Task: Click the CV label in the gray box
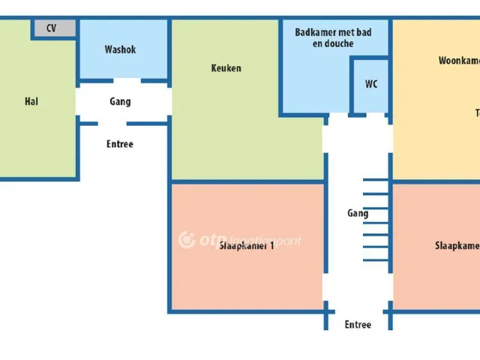coord(52,28)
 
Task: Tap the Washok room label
coord(120,50)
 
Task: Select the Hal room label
coord(31,101)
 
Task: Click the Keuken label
coord(226,68)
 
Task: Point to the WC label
coord(371,84)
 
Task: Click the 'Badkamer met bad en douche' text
coord(333,38)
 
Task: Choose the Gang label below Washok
coord(120,101)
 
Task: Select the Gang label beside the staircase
coord(358,214)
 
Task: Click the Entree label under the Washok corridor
coord(120,144)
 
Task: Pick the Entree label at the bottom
coord(358,325)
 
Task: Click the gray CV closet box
coord(54,28)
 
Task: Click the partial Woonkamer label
coord(458,61)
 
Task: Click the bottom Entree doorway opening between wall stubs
coord(358,309)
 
